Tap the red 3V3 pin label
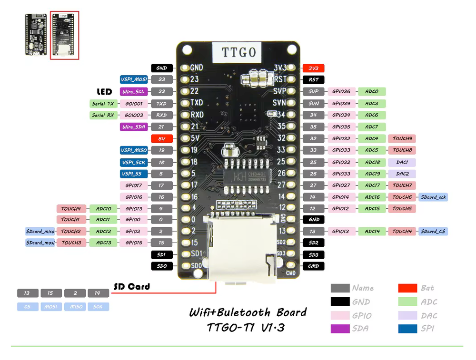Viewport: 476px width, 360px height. click(x=313, y=68)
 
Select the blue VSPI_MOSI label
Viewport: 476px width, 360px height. click(x=134, y=80)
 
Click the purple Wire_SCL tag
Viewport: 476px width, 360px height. click(x=134, y=91)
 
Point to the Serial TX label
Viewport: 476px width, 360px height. click(x=103, y=103)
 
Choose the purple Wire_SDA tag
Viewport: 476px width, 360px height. click(x=134, y=127)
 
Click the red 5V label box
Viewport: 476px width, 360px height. click(x=161, y=139)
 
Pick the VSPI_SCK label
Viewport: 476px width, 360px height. click(x=134, y=162)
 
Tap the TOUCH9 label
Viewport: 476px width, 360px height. click(x=402, y=139)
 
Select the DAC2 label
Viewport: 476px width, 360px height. click(x=402, y=174)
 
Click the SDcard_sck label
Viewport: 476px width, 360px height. click(x=433, y=197)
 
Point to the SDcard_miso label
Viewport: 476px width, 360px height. click(x=40, y=232)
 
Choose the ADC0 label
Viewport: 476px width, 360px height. click(x=372, y=91)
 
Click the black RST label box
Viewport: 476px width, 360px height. click(x=313, y=80)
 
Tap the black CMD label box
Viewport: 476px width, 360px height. click(x=313, y=266)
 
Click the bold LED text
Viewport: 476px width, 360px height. click(x=104, y=91)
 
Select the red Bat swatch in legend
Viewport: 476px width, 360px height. click(x=407, y=288)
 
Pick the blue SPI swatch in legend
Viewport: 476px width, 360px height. click(x=407, y=329)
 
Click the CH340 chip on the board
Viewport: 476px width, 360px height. click(x=248, y=177)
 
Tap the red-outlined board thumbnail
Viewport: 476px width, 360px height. click(x=64, y=36)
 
